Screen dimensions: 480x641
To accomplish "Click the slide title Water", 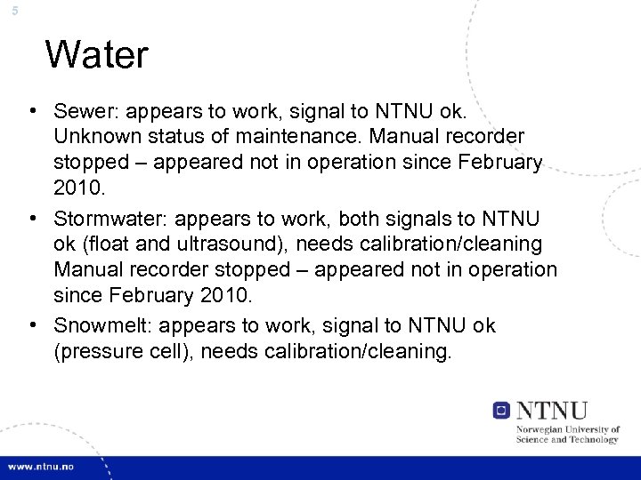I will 96,55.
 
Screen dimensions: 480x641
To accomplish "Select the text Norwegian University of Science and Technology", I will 568,434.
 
